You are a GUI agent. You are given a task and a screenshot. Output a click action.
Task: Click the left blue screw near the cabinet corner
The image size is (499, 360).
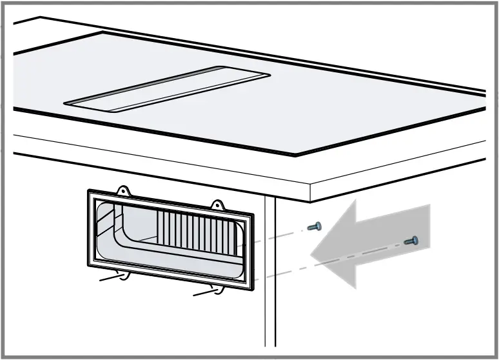pos(315,226)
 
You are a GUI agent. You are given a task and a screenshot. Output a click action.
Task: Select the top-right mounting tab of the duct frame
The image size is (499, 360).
pos(217,206)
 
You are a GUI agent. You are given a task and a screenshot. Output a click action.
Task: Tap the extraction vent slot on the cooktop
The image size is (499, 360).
pos(164,89)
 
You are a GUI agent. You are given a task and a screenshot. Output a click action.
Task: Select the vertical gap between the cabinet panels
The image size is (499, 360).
pos(270,271)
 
